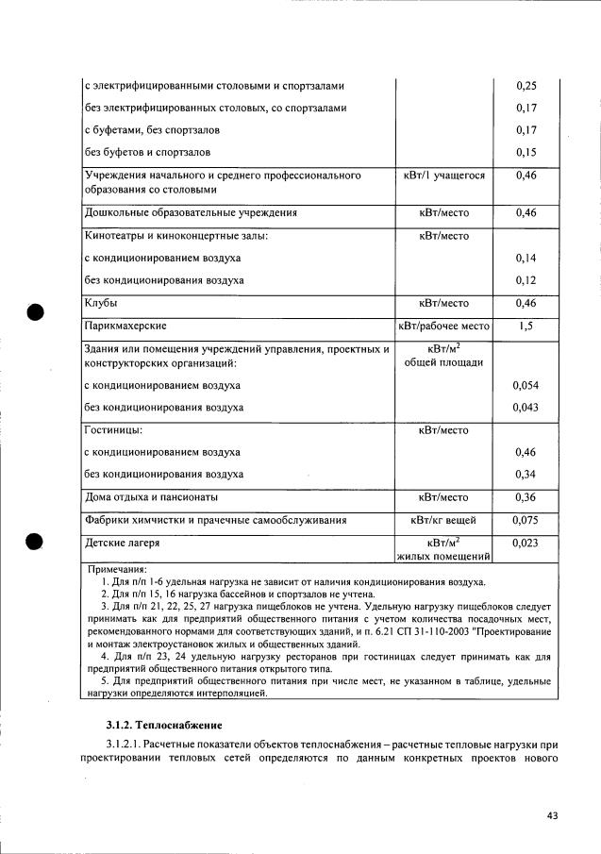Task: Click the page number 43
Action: point(552,815)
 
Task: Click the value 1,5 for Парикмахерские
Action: point(526,327)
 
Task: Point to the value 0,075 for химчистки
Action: point(526,520)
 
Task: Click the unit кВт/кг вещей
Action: point(442,520)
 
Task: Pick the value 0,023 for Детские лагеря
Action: point(526,544)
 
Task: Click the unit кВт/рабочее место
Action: point(442,327)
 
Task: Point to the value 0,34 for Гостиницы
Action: point(526,474)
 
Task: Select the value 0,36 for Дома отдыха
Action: point(526,497)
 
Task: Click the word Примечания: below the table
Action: point(118,570)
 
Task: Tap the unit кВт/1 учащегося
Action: point(442,176)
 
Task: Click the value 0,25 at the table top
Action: point(526,86)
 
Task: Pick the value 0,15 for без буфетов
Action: point(526,152)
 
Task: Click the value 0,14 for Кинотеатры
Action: point(526,258)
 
